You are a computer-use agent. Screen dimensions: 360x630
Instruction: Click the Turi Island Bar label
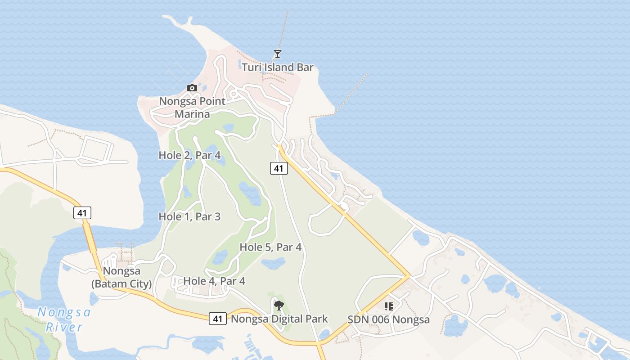(x=277, y=68)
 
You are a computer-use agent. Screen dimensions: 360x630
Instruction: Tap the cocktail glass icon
(x=277, y=54)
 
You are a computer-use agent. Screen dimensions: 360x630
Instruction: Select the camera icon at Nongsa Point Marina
(x=192, y=88)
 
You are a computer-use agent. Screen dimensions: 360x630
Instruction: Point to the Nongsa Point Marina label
(x=192, y=108)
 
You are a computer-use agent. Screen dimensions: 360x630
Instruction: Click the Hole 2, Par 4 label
(x=189, y=155)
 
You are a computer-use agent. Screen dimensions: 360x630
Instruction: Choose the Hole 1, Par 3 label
(x=189, y=217)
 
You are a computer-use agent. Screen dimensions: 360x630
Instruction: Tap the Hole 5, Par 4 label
(x=270, y=247)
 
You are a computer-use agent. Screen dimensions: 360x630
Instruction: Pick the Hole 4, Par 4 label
(x=214, y=281)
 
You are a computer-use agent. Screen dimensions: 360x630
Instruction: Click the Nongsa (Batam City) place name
(x=121, y=278)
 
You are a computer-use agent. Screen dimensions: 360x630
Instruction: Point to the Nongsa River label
(x=64, y=319)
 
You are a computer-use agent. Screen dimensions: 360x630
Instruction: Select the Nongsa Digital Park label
(x=279, y=319)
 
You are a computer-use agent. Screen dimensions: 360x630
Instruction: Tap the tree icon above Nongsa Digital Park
(x=279, y=306)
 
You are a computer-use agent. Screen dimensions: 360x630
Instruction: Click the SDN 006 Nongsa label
(x=388, y=320)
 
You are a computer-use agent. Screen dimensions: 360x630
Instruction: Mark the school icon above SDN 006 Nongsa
(x=389, y=306)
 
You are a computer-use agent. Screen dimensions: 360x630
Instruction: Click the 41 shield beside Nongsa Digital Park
(x=218, y=319)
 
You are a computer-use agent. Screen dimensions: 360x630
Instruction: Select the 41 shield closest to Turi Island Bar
(x=279, y=169)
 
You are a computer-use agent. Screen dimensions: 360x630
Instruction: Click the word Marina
(x=192, y=114)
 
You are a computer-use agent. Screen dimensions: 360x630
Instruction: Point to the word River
(x=64, y=327)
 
